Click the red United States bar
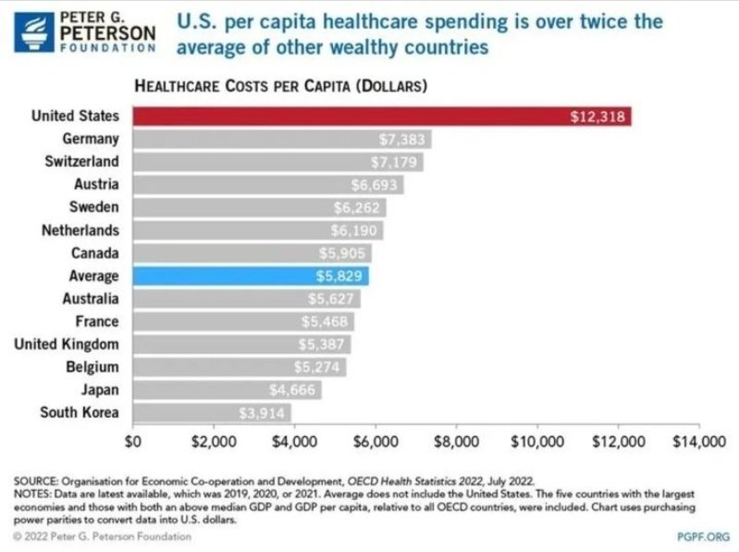tap(381, 116)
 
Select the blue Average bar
tap(250, 276)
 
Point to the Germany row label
tap(90, 139)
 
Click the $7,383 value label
tap(401, 140)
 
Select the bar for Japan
tap(227, 390)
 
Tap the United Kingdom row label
tap(67, 345)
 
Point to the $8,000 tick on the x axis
tap(456, 441)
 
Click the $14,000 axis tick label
tap(697, 441)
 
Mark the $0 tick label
tap(135, 441)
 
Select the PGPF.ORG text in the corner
tap(703, 536)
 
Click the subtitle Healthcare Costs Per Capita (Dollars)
tap(280, 87)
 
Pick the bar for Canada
tap(252, 253)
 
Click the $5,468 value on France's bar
tap(326, 322)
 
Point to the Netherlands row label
tap(80, 230)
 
